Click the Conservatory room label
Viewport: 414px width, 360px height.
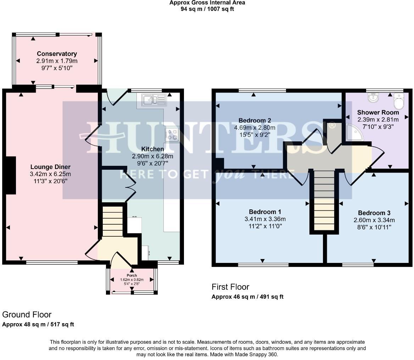tap(57, 54)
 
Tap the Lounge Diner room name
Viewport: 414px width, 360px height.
tap(50, 167)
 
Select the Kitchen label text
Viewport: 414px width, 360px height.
tap(152, 149)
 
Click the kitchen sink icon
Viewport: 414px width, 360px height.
tap(154, 100)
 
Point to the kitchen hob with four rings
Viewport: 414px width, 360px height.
tap(172, 135)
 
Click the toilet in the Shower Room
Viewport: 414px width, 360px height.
tap(399, 102)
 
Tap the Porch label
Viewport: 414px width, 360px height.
tap(132, 275)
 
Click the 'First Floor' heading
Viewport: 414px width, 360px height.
tap(230, 287)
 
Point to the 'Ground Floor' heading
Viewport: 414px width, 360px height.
tap(27, 314)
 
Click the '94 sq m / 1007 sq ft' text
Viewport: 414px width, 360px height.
tap(207, 9)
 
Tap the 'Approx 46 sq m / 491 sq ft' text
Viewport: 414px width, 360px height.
tap(247, 297)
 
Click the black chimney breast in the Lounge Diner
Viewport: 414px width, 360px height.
tap(11, 175)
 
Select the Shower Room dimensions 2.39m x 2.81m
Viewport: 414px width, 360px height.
tap(378, 119)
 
